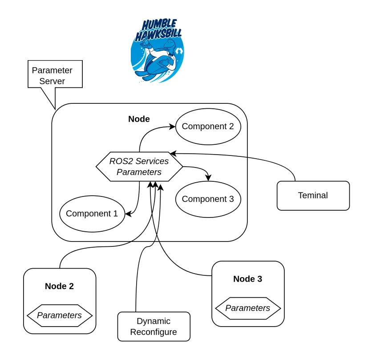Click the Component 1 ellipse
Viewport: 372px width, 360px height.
point(92,214)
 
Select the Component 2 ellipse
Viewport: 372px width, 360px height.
point(208,127)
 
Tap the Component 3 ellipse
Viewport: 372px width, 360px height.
point(208,199)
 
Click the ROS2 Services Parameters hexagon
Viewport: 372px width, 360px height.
point(139,166)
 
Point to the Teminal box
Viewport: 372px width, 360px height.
point(313,196)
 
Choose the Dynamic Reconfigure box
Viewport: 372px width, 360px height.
point(154,327)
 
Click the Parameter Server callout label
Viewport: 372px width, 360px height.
point(52,76)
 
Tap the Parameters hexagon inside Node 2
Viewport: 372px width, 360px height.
point(59,315)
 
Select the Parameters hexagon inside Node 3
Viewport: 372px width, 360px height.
point(248,308)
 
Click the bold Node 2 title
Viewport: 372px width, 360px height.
point(59,286)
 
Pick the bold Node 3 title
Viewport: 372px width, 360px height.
point(247,279)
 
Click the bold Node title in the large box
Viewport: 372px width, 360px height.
point(139,119)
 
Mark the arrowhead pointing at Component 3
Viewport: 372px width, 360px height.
point(208,178)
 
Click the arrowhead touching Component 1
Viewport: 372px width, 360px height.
point(127,214)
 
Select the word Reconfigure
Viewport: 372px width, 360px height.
point(154,332)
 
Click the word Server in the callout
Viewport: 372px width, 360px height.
point(52,82)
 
